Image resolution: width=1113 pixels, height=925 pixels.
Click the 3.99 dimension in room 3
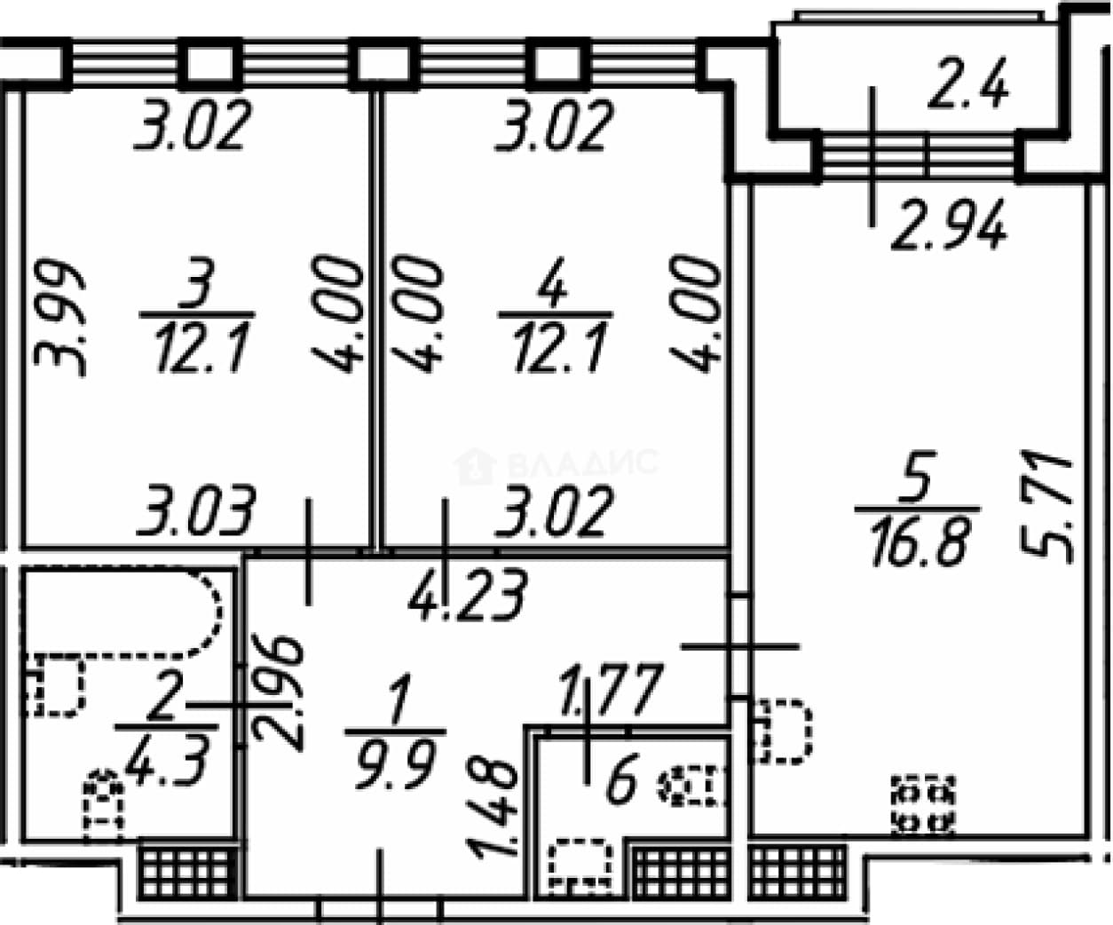[59, 318]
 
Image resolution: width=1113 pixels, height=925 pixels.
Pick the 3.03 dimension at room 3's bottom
[195, 510]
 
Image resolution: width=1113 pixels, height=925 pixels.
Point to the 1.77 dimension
[611, 689]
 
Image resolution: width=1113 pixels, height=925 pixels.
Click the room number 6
[621, 779]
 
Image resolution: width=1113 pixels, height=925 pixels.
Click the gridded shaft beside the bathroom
[187, 874]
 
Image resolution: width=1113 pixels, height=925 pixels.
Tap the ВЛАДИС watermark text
[583, 463]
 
